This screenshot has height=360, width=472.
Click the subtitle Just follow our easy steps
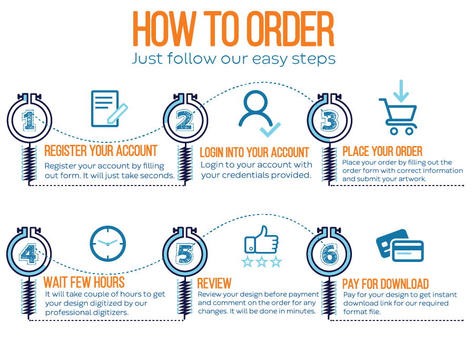tap(233, 57)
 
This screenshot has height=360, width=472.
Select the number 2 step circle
tap(184, 121)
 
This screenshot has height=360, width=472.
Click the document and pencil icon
tap(109, 109)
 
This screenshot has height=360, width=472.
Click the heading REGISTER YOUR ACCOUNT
tap(101, 151)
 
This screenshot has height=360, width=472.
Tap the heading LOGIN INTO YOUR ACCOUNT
tap(254, 152)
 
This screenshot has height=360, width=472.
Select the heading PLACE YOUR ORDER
tap(382, 152)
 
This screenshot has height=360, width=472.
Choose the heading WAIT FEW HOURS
tap(84, 282)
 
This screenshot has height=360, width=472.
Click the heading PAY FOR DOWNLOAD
tap(385, 284)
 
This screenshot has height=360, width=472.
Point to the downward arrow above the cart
tap(401, 91)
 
